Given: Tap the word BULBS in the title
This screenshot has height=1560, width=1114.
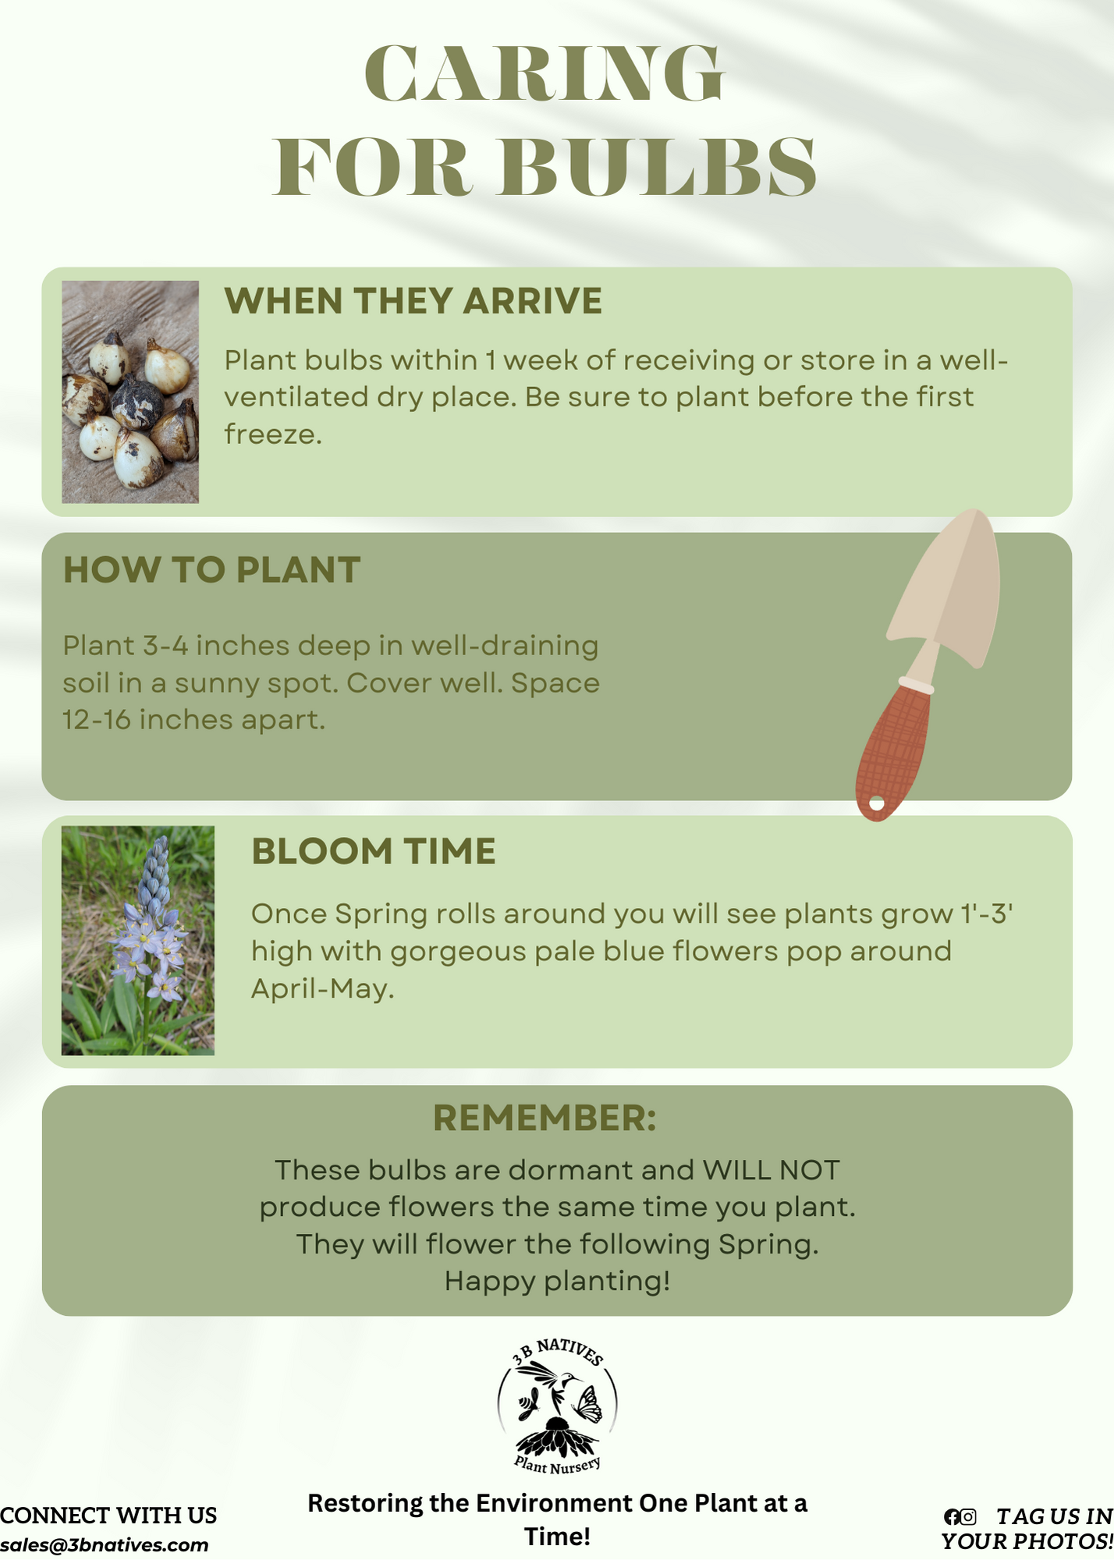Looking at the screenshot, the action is pos(658,167).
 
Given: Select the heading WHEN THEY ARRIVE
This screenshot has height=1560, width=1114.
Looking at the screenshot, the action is pos(413,301).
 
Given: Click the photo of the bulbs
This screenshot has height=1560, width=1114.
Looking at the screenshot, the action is pos(130,392).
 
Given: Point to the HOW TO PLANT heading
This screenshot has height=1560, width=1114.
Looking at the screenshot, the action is pos(211,570).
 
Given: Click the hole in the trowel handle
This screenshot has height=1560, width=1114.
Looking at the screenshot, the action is pos(877,803).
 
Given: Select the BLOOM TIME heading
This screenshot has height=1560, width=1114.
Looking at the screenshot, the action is pos(374,851).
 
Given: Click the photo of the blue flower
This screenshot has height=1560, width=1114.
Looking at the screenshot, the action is pos(138,941).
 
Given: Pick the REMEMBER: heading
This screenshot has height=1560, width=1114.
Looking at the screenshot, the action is pos(545,1118).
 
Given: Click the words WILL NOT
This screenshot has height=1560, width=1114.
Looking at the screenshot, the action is pos(771,1170).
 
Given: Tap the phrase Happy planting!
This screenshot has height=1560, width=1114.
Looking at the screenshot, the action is pos(557,1282).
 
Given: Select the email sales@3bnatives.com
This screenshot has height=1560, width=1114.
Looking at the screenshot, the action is pos(105,1545).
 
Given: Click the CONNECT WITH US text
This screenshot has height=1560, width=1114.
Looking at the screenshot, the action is pos(108,1516).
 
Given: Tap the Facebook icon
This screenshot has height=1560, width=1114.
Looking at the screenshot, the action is pos(952,1517).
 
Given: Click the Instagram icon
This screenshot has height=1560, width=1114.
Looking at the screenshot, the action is pos(968,1517).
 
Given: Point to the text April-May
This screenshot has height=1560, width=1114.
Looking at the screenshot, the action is pos(322,989).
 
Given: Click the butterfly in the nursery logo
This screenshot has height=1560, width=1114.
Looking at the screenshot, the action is pos(587,1404).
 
